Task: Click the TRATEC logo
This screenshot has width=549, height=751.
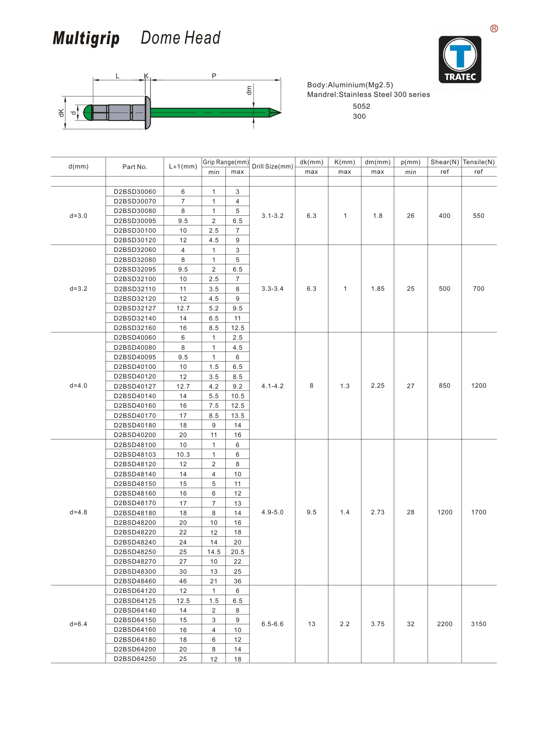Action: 460,59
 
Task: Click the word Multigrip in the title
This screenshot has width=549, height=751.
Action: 86,38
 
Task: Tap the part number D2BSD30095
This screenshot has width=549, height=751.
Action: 135,221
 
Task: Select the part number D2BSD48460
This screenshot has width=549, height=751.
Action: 135,581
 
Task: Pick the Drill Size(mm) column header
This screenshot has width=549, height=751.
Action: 272,166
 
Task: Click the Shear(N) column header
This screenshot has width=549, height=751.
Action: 444,162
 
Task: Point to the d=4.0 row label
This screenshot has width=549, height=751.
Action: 79,386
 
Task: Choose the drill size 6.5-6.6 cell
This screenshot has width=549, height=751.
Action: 272,624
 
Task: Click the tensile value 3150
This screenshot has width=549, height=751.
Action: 478,624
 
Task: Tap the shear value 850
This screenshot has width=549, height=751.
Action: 444,386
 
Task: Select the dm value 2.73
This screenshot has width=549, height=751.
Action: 377,512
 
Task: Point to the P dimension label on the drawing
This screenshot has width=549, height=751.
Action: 214,76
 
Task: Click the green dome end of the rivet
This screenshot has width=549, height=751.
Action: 87,113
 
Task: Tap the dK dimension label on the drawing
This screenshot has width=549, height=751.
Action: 62,113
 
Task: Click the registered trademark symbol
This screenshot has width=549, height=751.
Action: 494,29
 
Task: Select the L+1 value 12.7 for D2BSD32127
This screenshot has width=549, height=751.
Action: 183,308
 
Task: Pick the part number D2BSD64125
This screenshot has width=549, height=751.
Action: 135,601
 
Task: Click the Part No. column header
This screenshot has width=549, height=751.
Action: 135,167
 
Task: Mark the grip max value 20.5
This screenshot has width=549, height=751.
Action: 237,552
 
